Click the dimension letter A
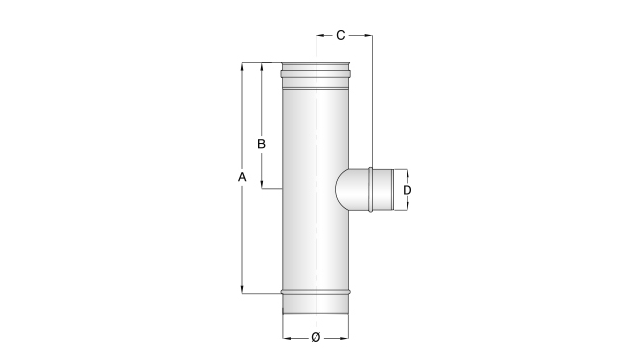pyautogui.click(x=242, y=177)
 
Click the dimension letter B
pyautogui.click(x=261, y=144)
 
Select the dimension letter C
pyautogui.click(x=340, y=36)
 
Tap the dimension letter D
pyautogui.click(x=407, y=190)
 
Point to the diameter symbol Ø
pyautogui.click(x=316, y=337)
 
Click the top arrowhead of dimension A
pyautogui.click(x=242, y=66)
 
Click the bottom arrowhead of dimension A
pyautogui.click(x=242, y=289)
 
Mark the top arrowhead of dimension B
pyautogui.click(x=262, y=66)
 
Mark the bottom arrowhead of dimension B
pyautogui.click(x=262, y=184)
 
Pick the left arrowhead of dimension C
pyautogui.click(x=320, y=36)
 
